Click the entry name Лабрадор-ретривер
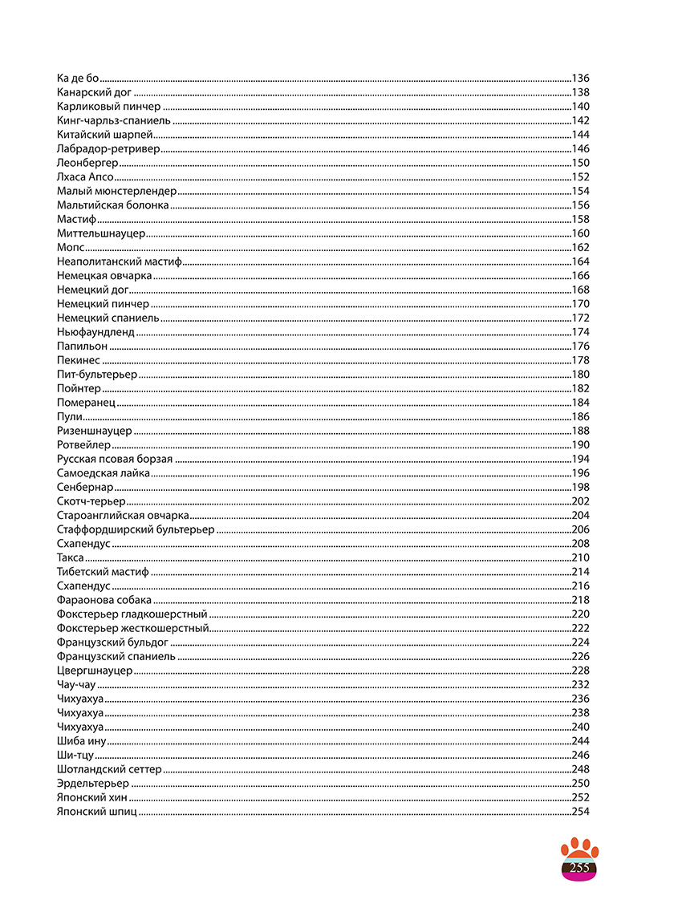pyautogui.click(x=108, y=149)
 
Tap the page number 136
pyautogui.click(x=580, y=79)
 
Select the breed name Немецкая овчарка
pyautogui.click(x=104, y=276)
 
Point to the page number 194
pyautogui.click(x=580, y=459)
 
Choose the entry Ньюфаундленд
pyautogui.click(x=95, y=332)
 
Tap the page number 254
pyautogui.click(x=580, y=812)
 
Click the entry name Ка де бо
pyautogui.click(x=78, y=79)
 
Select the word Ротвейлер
pyautogui.click(x=83, y=445)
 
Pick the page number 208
pyautogui.click(x=580, y=544)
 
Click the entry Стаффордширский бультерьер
pyautogui.click(x=136, y=529)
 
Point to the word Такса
pyautogui.click(x=71, y=557)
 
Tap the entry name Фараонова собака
pyautogui.click(x=104, y=600)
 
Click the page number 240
pyautogui.click(x=580, y=727)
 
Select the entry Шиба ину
pyautogui.click(x=81, y=741)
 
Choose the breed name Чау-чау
pyautogui.click(x=76, y=684)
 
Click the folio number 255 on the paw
pyautogui.click(x=579, y=868)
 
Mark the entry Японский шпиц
pyautogui.click(x=96, y=812)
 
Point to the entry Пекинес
pyautogui.click(x=79, y=360)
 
